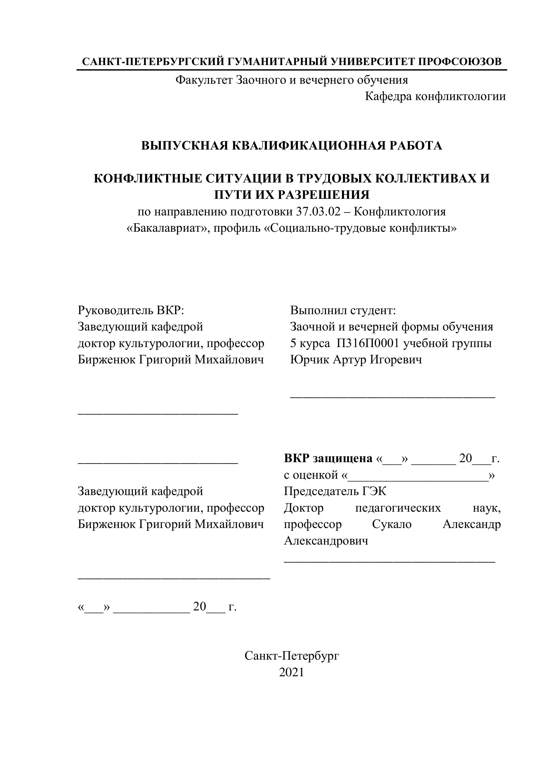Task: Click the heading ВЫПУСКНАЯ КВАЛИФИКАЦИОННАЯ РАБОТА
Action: tap(291, 146)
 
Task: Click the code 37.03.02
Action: tap(318, 212)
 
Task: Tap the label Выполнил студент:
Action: tap(343, 310)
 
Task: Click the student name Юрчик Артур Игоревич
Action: tap(356, 360)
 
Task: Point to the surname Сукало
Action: tap(392, 524)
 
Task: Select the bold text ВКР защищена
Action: tap(328, 458)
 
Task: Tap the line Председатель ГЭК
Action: tap(335, 491)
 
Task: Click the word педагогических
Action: tap(398, 508)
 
